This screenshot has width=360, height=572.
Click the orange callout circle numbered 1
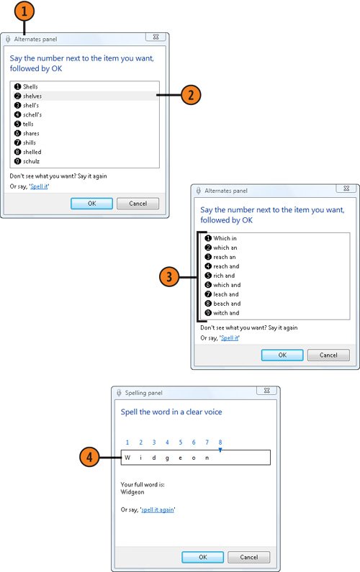pos(24,12)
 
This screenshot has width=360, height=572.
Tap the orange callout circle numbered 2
pos(191,95)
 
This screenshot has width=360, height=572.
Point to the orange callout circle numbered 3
pos(169,277)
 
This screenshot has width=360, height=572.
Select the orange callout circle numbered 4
pos(89,458)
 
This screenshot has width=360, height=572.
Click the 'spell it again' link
pos(158,509)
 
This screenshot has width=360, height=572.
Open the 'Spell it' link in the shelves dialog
pos(39,186)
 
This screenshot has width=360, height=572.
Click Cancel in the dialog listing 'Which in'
pos(328,355)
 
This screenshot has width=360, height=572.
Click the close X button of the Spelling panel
pos(267,391)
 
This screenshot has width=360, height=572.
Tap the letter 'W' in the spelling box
pos(127,458)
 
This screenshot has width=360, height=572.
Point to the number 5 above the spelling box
pos(181,442)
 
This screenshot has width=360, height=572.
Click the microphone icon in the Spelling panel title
pos(119,393)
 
